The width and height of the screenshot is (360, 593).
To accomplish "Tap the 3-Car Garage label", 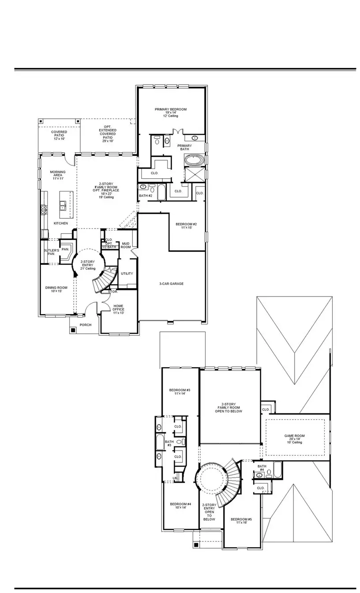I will [171, 284].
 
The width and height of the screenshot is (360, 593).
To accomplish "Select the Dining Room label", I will [56, 289].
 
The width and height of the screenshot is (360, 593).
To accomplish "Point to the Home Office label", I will [118, 309].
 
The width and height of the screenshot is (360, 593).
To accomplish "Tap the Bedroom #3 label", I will [180, 392].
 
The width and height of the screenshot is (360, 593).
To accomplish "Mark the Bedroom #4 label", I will [180, 506].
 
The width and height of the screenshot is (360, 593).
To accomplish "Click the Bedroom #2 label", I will [186, 226].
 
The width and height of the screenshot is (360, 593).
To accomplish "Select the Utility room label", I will [127, 274].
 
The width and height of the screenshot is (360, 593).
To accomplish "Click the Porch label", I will [85, 325].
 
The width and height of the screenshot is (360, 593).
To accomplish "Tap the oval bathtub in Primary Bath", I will [194, 160].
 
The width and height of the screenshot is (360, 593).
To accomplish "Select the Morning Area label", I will [58, 175].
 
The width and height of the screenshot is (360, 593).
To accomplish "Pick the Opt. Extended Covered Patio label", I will [108, 134].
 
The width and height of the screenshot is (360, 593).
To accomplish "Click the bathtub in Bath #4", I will [277, 469].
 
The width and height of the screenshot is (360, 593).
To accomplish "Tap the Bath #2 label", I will [146, 195].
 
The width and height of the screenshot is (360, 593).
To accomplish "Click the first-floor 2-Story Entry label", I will [88, 265].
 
